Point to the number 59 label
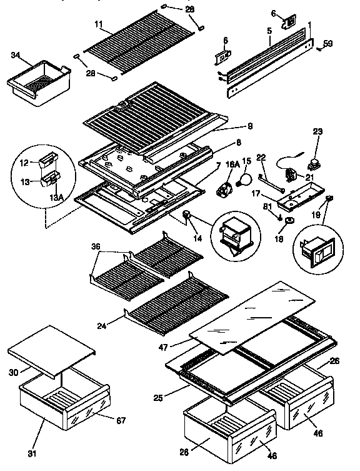click(x=327, y=44)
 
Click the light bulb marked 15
click(x=246, y=180)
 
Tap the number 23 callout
click(x=317, y=132)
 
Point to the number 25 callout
click(x=159, y=397)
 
